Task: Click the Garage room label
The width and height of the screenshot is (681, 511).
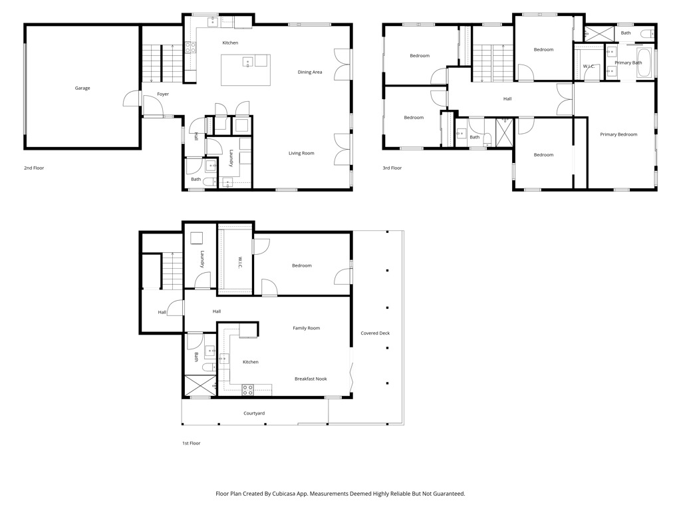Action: point(82,88)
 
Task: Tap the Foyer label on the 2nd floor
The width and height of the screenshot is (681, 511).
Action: point(163,94)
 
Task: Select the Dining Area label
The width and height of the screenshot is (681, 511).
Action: point(310,72)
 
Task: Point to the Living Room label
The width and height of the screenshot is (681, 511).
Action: point(301,154)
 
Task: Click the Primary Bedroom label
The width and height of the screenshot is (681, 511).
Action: point(618,134)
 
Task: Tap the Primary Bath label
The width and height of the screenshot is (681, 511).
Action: point(628,63)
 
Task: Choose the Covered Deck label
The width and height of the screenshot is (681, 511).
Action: point(375,333)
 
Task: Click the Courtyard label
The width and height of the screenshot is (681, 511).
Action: point(254,413)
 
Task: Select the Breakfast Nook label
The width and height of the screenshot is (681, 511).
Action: point(311,379)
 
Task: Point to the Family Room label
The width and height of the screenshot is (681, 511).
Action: point(306,328)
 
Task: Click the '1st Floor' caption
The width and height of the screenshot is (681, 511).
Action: point(191,443)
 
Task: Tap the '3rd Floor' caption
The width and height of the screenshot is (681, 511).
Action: point(392,168)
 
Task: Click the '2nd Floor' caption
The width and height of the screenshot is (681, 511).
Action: point(34,168)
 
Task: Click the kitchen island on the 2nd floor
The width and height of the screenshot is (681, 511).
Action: point(246,70)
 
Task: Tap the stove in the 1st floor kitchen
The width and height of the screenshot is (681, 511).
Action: point(248,390)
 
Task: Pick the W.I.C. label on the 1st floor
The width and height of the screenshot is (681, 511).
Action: point(239,262)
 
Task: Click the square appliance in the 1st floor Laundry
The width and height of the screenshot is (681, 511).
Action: point(197,239)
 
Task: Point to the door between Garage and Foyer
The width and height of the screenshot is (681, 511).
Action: point(132,98)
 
